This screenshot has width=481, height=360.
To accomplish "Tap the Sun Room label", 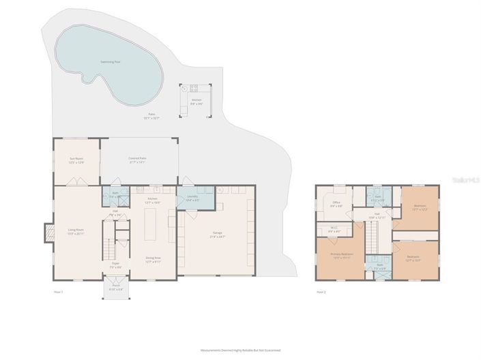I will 76,161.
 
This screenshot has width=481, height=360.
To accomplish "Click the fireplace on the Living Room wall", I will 46,233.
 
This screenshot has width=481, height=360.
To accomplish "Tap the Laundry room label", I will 192,198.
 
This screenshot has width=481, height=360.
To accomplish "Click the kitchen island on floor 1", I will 151,226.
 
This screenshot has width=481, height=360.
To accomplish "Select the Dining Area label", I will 153,258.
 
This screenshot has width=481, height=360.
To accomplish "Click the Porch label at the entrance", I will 115,288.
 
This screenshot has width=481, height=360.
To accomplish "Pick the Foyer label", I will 116,265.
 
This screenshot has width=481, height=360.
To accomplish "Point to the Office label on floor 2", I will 336,203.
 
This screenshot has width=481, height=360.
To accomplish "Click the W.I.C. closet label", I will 334,230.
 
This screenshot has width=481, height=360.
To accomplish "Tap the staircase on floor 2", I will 372,239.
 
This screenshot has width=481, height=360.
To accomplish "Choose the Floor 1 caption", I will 58,292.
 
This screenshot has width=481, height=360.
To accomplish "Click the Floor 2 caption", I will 321,292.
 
